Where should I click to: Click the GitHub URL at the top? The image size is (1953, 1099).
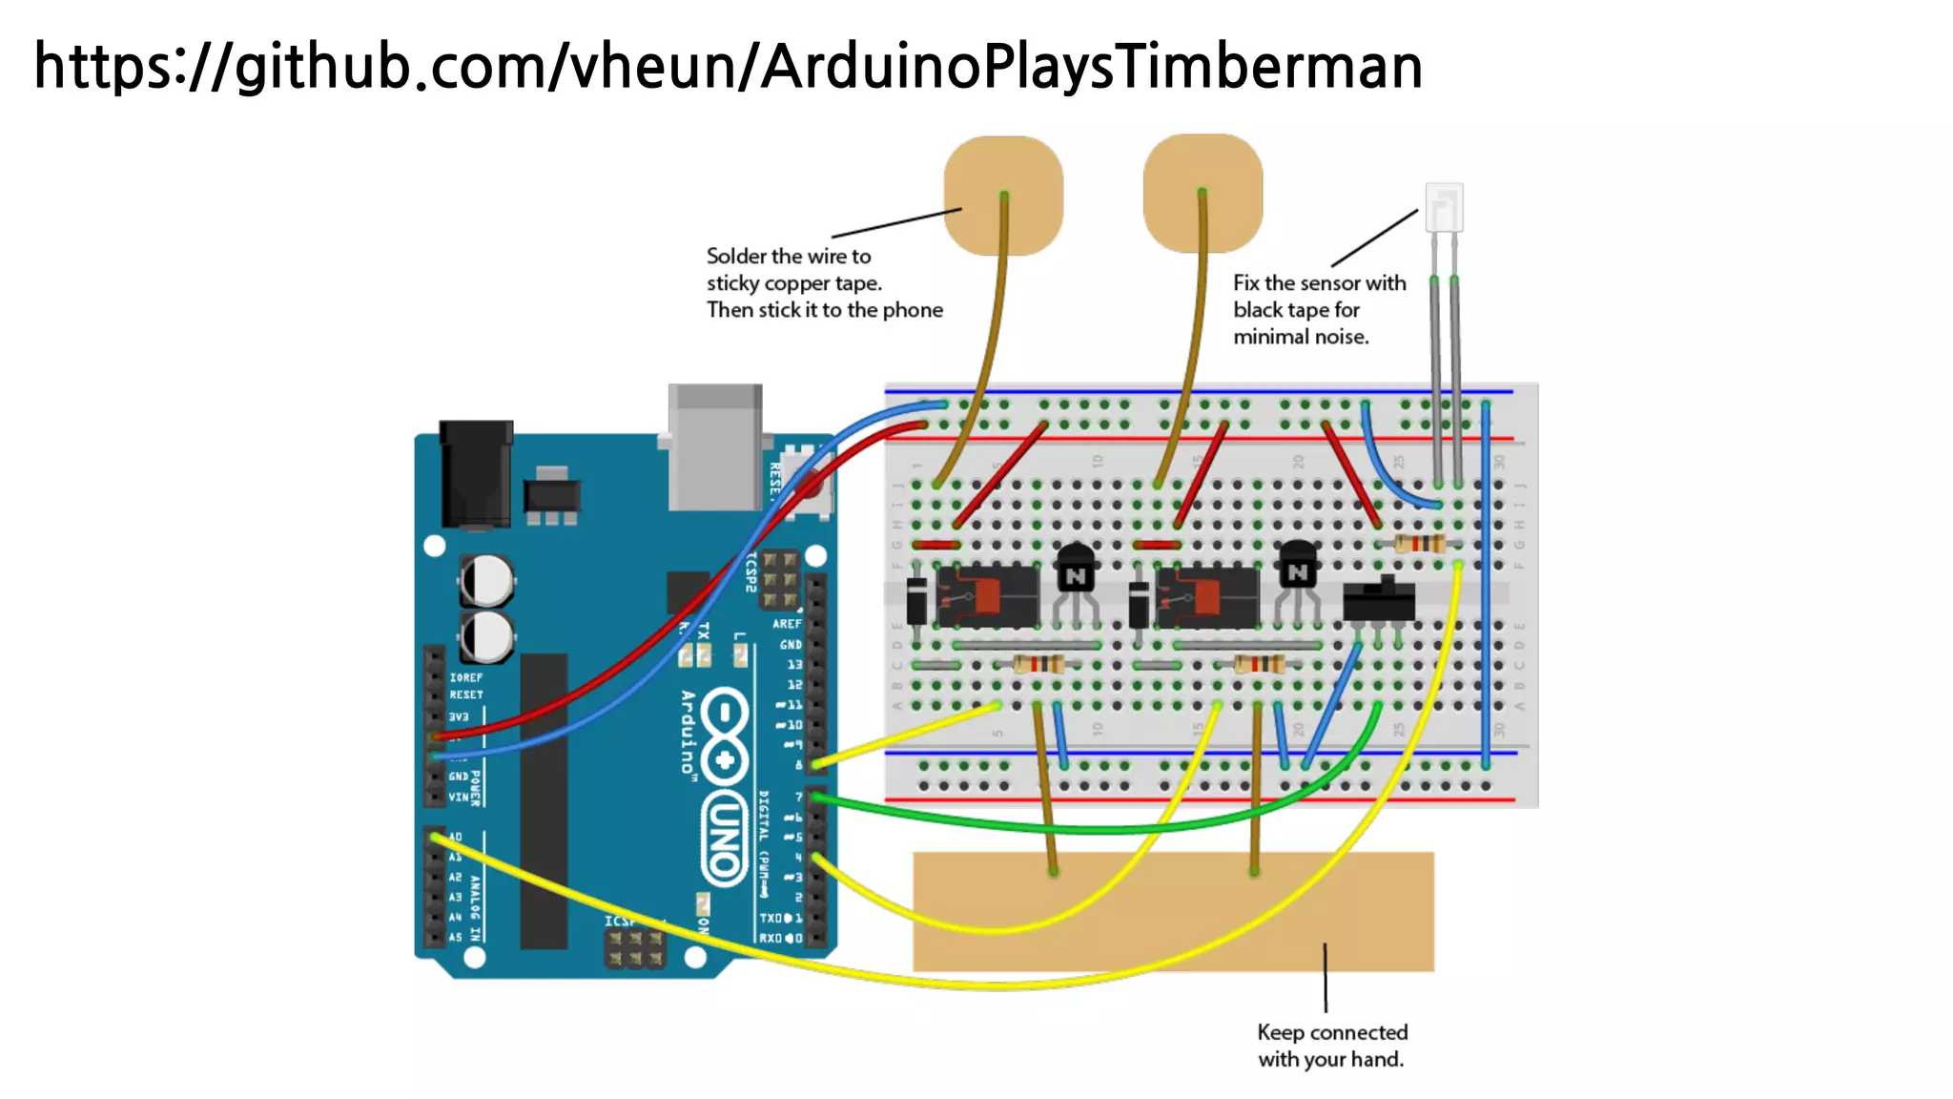[x=728, y=67]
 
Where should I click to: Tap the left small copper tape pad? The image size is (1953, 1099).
[x=1003, y=196]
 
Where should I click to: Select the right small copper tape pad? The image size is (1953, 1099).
[x=1203, y=193]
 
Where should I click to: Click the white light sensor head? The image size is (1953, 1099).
[x=1444, y=207]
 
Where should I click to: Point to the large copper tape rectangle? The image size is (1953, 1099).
[x=1173, y=911]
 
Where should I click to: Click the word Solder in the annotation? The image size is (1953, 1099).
[x=736, y=257]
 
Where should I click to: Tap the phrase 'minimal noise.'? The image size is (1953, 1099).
[x=1301, y=337]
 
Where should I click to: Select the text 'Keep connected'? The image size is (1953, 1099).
[x=1332, y=1032]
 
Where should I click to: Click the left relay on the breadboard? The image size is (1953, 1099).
[x=988, y=596]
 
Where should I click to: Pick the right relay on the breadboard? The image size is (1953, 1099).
[x=1207, y=597]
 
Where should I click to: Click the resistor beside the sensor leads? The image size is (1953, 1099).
[x=1421, y=545]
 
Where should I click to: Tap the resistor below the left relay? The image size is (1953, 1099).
[x=1039, y=664]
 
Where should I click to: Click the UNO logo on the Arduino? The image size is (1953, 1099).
[x=725, y=840]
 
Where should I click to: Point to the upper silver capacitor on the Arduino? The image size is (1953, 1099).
[x=487, y=579]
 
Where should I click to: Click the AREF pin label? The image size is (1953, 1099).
[x=787, y=624]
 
